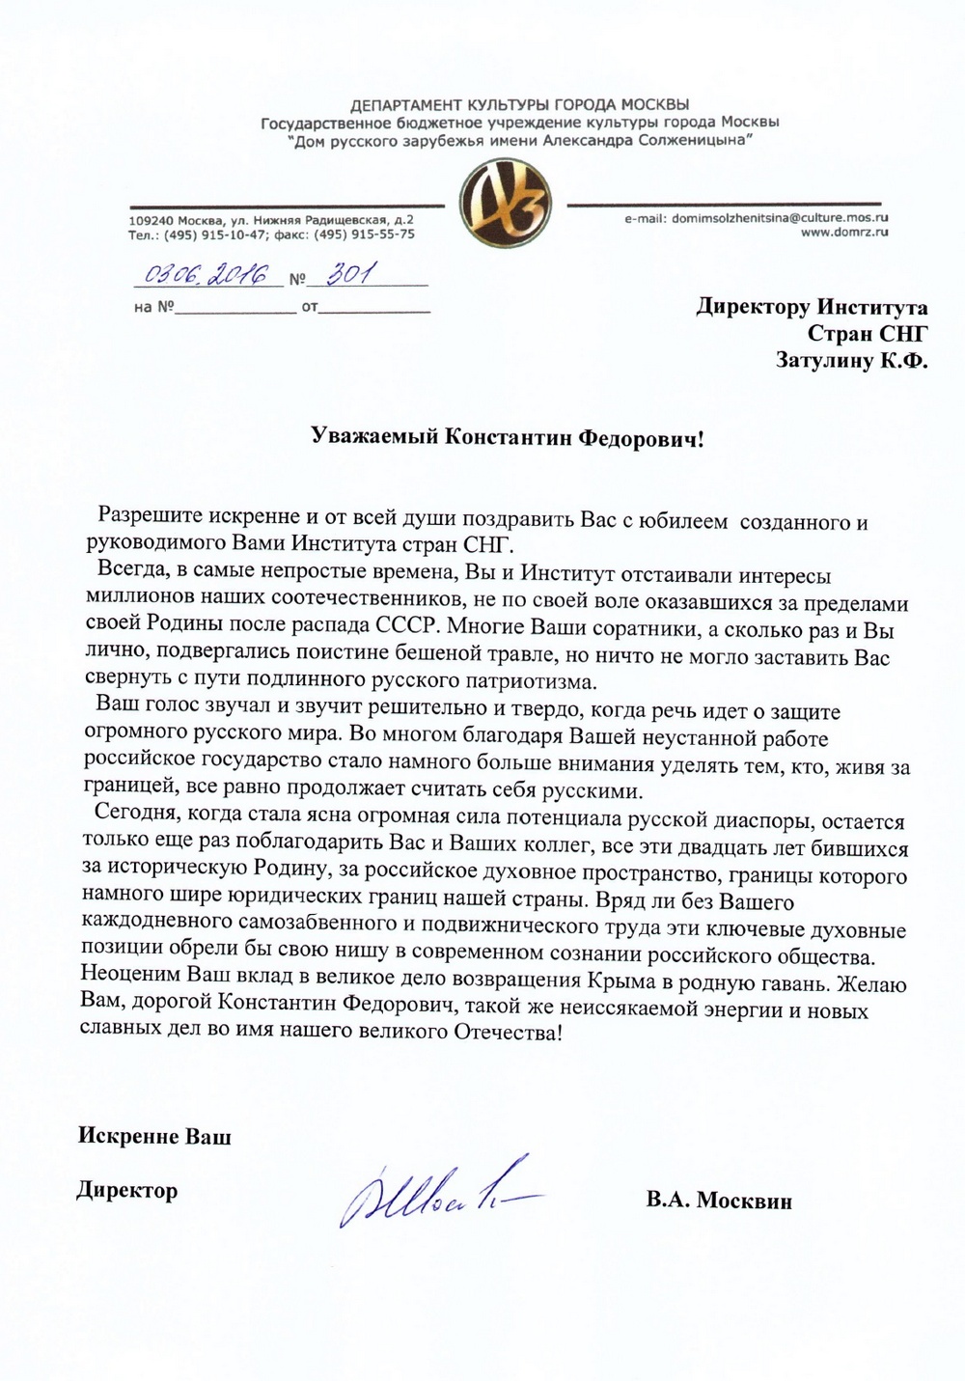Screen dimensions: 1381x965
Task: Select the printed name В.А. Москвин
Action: (719, 1201)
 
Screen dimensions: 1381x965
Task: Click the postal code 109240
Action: (149, 221)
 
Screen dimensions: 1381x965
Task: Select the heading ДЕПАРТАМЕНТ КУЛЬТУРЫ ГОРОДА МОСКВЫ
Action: (520, 104)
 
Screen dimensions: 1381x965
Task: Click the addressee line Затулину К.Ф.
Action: (851, 360)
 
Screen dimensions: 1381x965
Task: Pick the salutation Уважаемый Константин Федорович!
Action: (509, 438)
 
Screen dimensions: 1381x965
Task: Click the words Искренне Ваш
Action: (154, 1136)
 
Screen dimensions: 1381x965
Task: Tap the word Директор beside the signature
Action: (127, 1190)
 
